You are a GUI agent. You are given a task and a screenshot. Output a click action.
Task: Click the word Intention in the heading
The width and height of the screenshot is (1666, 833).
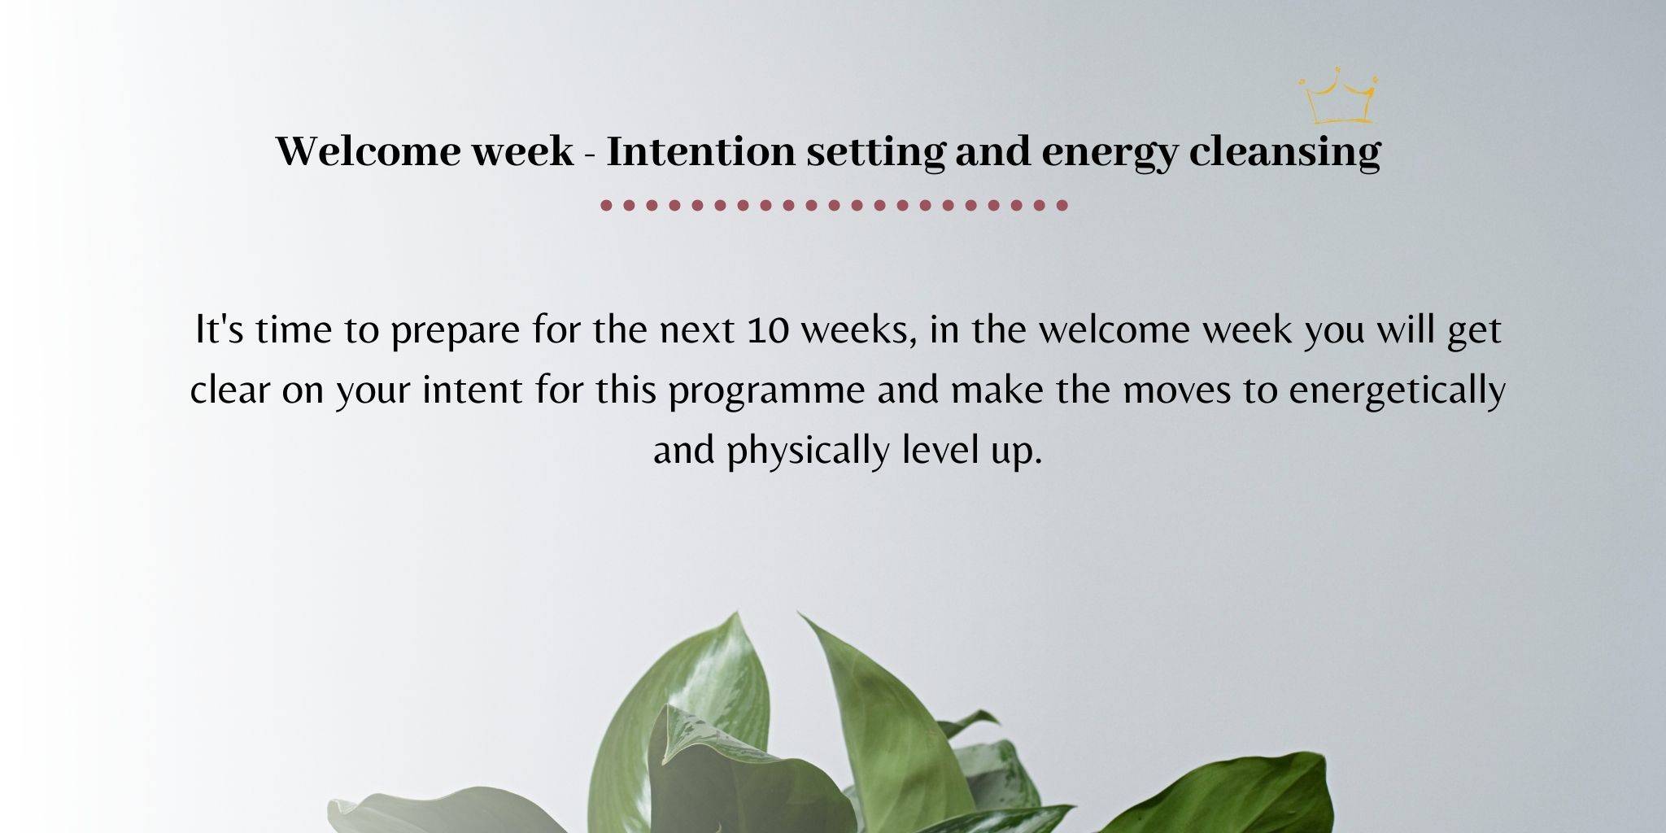point(700,151)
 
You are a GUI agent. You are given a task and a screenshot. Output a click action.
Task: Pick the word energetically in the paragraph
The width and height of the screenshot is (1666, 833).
point(1398,391)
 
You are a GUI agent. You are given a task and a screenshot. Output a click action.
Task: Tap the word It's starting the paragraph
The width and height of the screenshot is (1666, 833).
point(220,329)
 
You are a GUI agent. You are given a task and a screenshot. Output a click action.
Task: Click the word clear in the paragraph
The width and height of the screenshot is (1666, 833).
point(230,390)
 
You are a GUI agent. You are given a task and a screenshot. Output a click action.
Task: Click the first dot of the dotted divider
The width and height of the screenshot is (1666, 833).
point(606,205)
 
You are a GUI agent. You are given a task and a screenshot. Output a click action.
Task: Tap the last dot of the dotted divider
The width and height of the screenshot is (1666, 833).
point(1062,205)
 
